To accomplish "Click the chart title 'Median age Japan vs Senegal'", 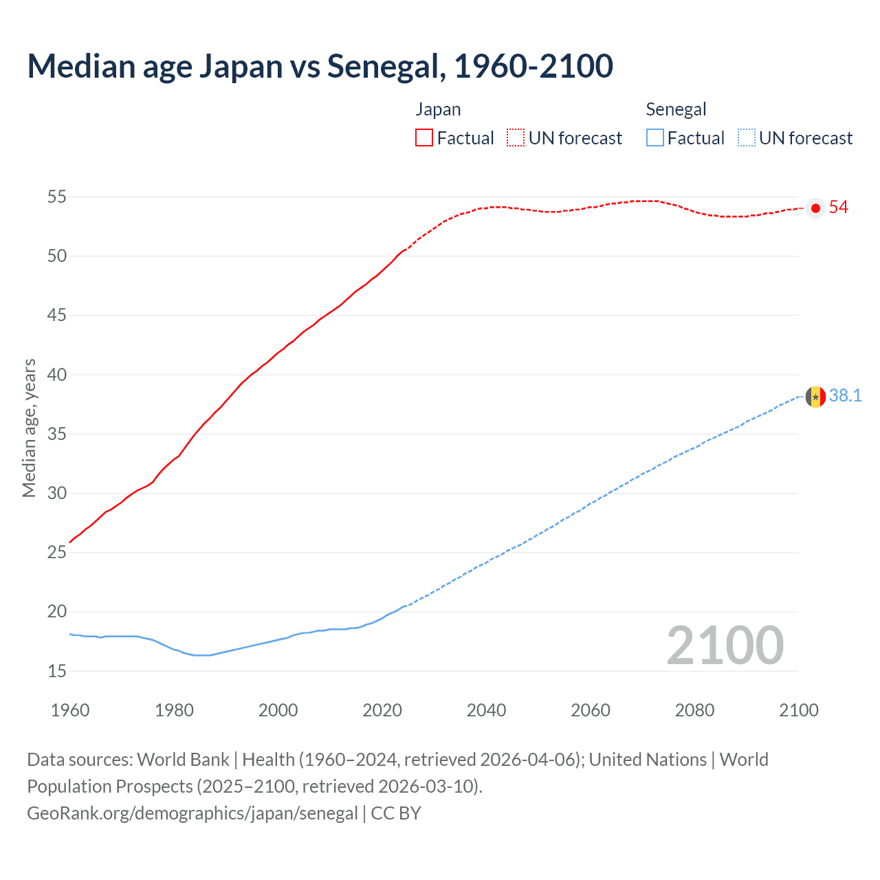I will coord(320,67).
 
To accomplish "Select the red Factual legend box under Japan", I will coord(424,138).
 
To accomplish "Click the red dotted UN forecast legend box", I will coord(516,138).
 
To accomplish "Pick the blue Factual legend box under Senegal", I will coord(655,138).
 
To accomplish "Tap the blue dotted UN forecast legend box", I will coord(747,138).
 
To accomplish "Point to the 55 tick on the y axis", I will coord(57,197).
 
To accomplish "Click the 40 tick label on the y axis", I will coord(57,375).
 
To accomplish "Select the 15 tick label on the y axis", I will coord(57,672).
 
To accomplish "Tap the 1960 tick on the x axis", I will coord(70,710).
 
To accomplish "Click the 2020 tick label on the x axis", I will coord(382,710).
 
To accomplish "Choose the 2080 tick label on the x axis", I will coord(694,710).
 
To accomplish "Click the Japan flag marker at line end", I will coord(815,208).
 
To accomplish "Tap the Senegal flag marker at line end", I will coord(815,397).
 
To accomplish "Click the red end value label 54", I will coord(839,208).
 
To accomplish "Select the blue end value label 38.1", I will coord(845,396).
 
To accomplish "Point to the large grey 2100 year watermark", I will coord(725,646).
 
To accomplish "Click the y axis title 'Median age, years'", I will coord(30,428).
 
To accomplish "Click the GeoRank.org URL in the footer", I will coord(192,813).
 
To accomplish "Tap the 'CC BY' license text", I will coord(396,813).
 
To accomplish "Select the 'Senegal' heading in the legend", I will coord(676,110).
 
